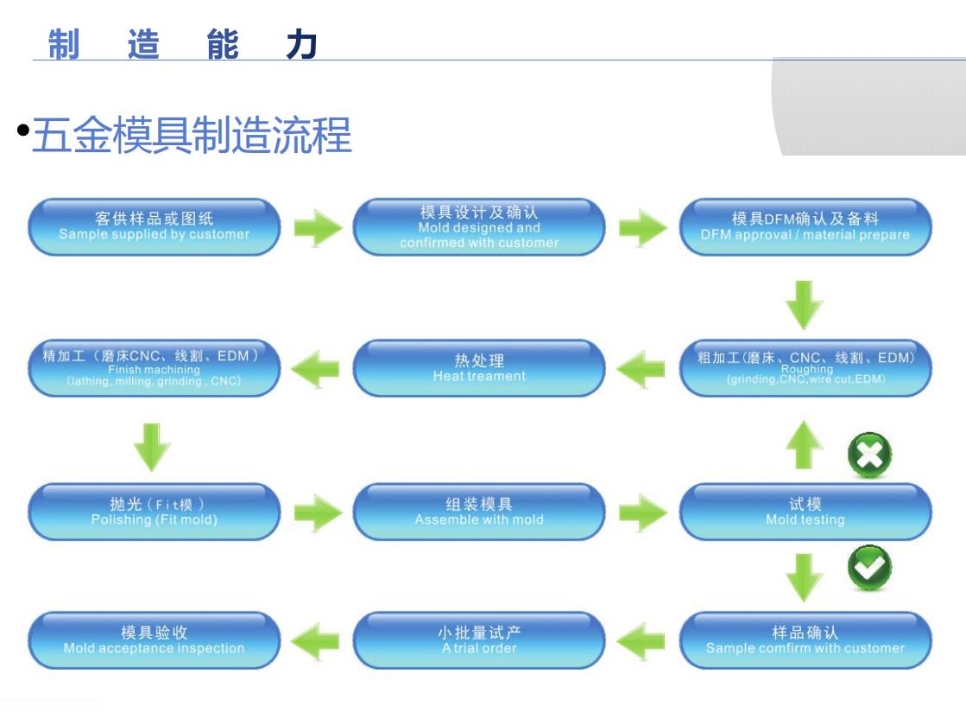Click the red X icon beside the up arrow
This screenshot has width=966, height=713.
click(x=869, y=455)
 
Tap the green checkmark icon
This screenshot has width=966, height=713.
click(x=869, y=568)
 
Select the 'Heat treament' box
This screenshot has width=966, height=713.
click(x=479, y=368)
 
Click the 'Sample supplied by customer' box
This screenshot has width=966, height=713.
click(x=155, y=226)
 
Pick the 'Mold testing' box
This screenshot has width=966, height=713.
click(x=805, y=512)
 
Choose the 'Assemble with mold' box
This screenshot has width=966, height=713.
click(x=479, y=512)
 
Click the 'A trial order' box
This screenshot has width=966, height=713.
click(x=479, y=640)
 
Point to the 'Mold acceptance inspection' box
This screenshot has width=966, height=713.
click(x=155, y=640)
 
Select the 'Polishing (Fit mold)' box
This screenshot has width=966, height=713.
click(x=155, y=512)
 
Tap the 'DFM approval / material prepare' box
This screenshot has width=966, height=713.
click(x=805, y=226)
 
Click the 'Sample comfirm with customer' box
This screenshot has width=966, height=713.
click(x=805, y=640)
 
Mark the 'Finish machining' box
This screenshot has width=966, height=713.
click(x=155, y=368)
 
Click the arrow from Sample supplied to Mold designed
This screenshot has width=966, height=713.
click(x=318, y=227)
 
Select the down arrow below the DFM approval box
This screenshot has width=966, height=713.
click(x=805, y=303)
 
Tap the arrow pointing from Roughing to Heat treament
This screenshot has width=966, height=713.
click(x=641, y=370)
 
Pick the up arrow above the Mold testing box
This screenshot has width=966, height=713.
click(x=805, y=445)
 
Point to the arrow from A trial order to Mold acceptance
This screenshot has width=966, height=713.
click(x=315, y=641)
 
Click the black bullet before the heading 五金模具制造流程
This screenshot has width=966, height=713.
click(x=23, y=131)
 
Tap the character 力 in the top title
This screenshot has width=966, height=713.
click(x=301, y=43)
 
